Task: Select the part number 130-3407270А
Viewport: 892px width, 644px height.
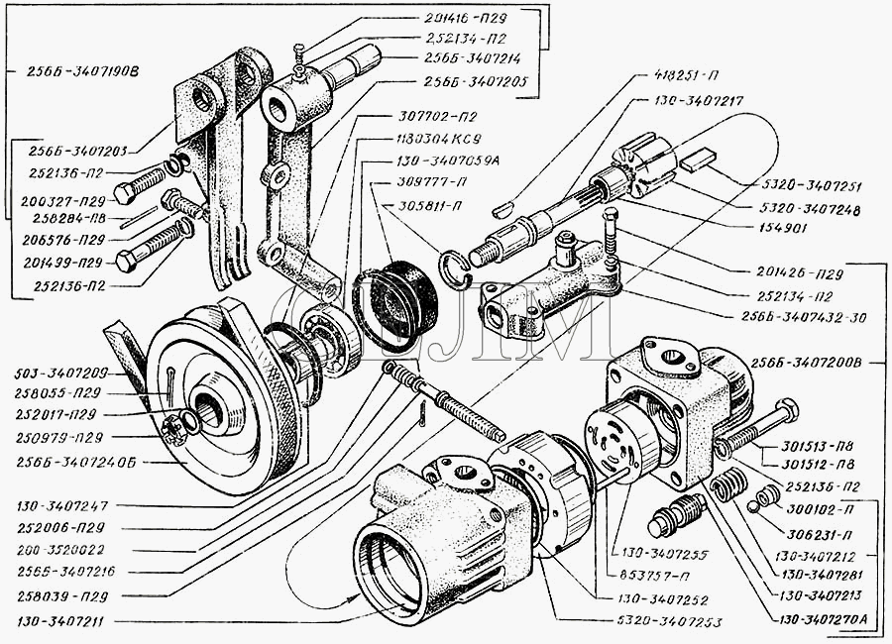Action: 827,619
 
